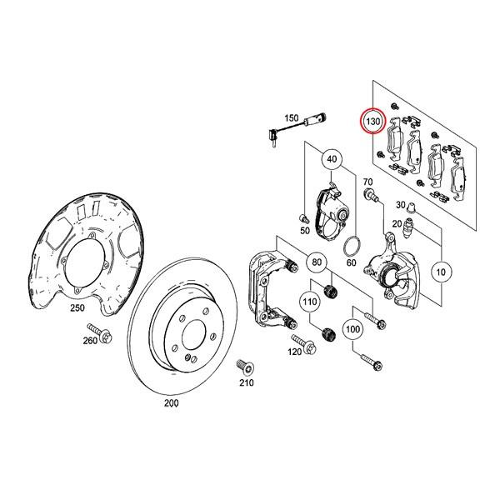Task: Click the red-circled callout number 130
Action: point(372,122)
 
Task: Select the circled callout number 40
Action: point(332,160)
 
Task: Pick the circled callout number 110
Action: point(311,301)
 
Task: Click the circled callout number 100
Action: point(352,330)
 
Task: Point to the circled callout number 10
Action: point(442,272)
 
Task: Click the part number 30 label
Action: point(400,205)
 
